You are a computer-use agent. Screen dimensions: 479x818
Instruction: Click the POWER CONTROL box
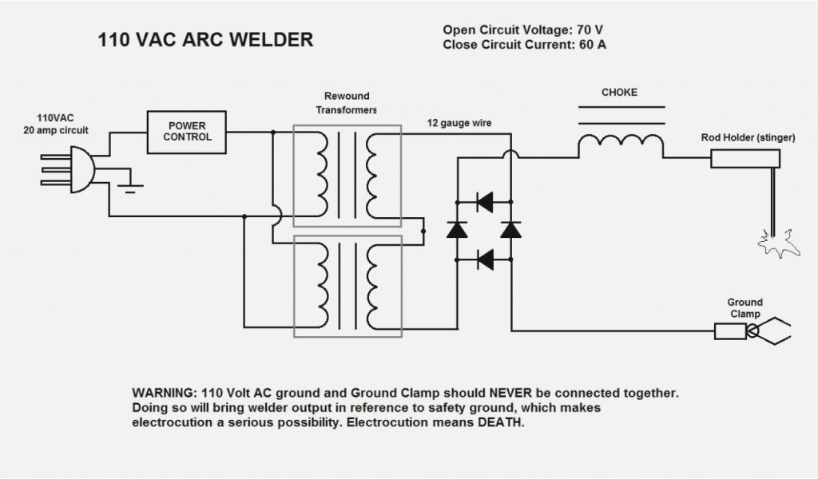click(x=186, y=132)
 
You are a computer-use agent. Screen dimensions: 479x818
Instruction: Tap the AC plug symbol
click(x=81, y=169)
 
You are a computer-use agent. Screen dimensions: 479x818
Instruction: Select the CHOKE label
click(x=619, y=93)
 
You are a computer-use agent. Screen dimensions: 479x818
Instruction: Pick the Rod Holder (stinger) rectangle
click(x=743, y=159)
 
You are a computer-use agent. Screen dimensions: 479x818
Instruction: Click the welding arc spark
click(x=773, y=240)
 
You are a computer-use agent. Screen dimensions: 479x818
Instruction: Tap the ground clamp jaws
click(x=773, y=330)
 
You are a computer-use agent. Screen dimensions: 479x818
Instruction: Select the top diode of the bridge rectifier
click(x=483, y=202)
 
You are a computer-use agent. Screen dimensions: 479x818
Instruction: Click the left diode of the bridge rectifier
click(x=457, y=230)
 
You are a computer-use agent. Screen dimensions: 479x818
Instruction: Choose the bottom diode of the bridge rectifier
click(x=483, y=259)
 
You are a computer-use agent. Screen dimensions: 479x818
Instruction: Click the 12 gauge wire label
click(x=459, y=124)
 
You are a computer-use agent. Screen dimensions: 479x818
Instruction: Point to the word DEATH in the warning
click(x=501, y=422)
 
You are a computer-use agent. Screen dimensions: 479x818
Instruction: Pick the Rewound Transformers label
click(x=346, y=103)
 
